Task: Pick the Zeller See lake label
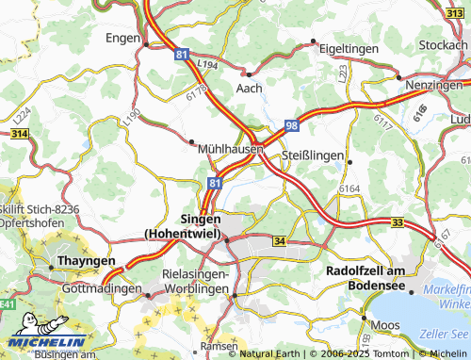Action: coord(446,333)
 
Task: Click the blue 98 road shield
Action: coord(293,125)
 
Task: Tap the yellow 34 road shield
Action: coord(278,241)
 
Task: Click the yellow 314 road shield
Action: coord(19,136)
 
